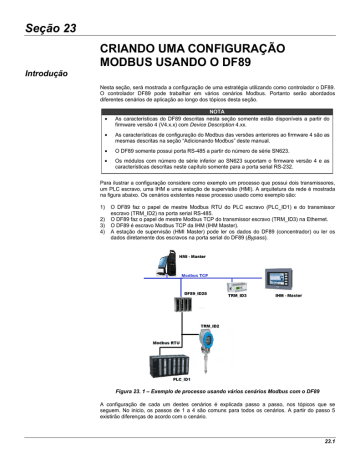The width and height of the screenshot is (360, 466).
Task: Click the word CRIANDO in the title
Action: coord(137,48)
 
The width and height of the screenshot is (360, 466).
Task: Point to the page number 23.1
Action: coord(337,442)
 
